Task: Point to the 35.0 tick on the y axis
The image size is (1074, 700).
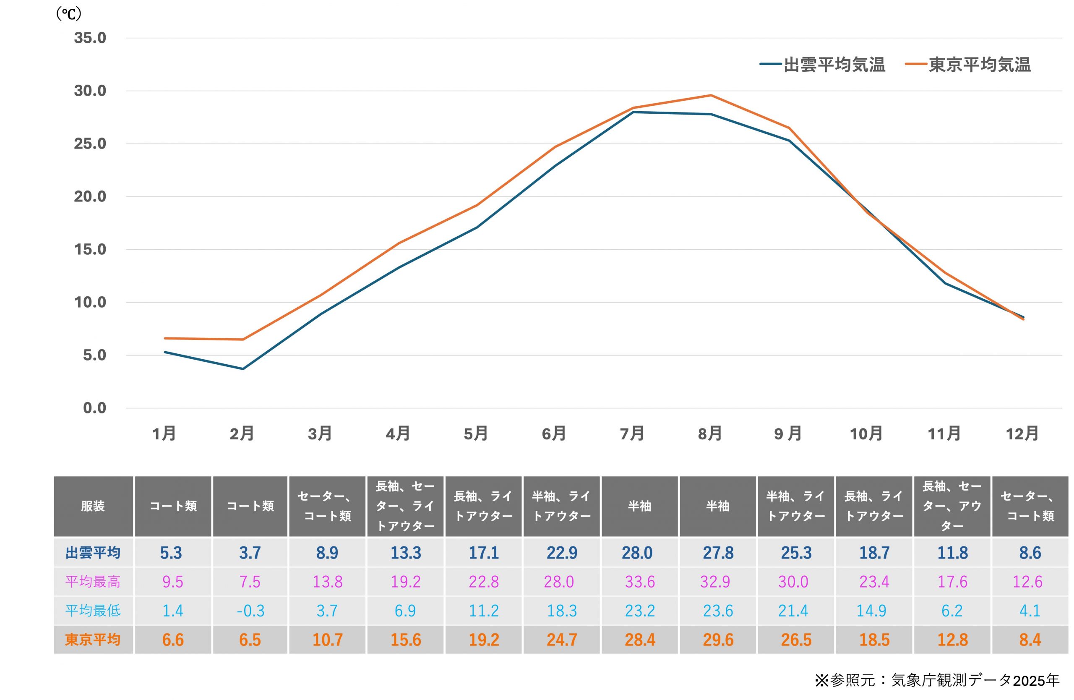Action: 90,38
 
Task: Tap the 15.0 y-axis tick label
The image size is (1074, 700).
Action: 90,250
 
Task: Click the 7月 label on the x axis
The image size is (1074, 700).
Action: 632,434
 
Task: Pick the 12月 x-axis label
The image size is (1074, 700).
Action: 1022,434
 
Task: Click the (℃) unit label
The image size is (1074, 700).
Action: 68,14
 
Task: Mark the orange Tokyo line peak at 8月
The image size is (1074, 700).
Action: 711,95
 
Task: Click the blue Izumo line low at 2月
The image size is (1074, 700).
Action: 243,369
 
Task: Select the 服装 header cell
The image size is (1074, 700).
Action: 93,506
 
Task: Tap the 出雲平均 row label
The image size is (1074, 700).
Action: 93,552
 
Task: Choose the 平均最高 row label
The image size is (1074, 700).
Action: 93,581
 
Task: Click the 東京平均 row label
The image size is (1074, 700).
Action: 93,640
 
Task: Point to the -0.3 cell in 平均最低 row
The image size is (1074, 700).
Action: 250,611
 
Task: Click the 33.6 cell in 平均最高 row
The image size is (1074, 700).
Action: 640,581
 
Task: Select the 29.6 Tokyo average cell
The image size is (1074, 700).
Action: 718,640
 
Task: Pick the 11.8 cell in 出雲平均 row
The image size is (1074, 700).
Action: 953,552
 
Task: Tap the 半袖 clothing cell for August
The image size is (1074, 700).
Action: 717,506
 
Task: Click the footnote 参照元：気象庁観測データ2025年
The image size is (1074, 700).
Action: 937,680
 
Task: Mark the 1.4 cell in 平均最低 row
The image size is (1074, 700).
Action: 173,611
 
